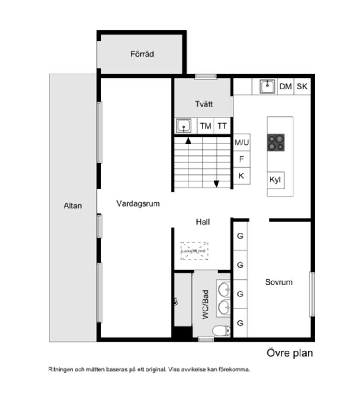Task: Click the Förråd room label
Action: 142,54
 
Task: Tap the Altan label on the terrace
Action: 73,205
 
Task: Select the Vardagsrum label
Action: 138,203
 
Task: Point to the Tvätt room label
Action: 204,104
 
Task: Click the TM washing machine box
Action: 206,126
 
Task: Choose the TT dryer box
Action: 222,126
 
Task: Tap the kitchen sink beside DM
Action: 267,86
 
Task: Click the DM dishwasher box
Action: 285,86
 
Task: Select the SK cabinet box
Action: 302,86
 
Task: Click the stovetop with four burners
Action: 276,143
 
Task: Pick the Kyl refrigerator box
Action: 275,180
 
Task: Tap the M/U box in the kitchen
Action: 242,142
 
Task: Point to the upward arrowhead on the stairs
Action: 188,141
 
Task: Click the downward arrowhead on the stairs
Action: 217,184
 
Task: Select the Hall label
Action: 203,222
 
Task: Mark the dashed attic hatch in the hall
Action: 194,251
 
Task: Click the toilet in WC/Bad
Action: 221,330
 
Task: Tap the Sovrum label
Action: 279,282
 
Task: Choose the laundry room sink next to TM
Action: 184,126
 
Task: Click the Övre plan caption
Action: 290,353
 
